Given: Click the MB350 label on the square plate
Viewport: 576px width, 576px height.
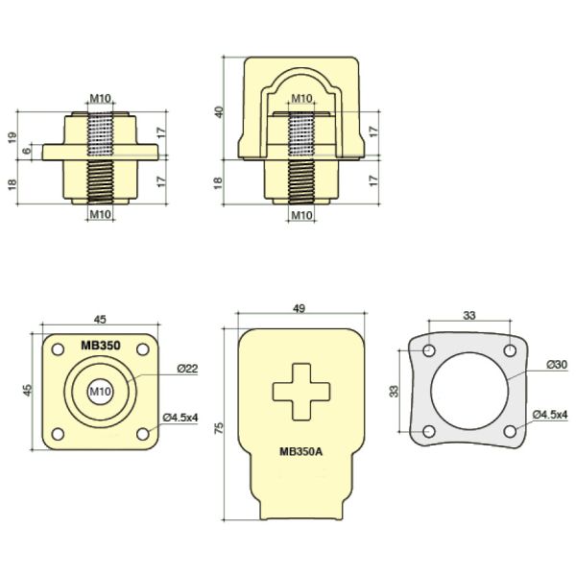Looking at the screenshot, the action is tap(100, 346).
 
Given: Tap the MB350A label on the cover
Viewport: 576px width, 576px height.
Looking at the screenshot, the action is tap(300, 451).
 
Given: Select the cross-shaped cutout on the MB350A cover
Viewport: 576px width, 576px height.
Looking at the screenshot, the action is tap(301, 392).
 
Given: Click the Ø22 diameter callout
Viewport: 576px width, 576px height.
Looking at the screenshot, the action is tap(187, 369).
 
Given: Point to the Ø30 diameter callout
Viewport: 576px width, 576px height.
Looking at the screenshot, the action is tap(557, 365).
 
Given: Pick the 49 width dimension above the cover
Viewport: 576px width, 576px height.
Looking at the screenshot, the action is tap(300, 308).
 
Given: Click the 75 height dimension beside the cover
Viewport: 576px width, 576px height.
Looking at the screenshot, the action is tap(219, 427).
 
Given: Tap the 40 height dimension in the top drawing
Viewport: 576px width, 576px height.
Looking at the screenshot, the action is tap(219, 111).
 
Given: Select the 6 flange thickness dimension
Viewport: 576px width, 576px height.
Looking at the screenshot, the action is tap(27, 151).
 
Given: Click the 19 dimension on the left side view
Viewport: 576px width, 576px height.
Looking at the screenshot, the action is tap(12, 137).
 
